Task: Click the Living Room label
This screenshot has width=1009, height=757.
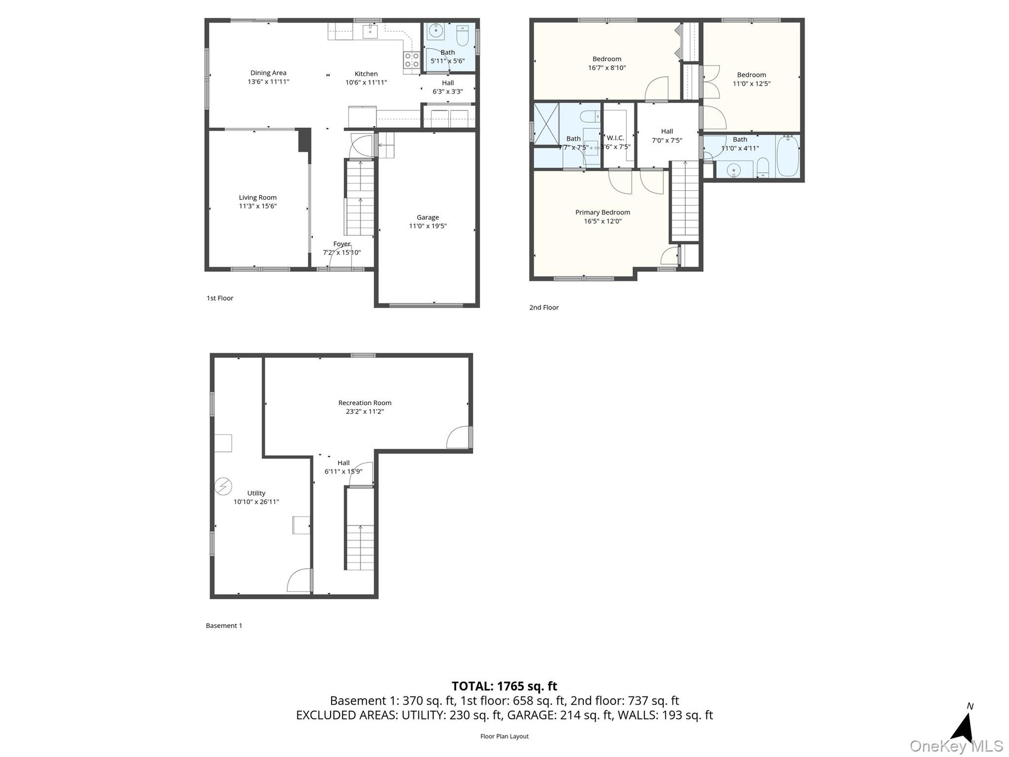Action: point(258,198)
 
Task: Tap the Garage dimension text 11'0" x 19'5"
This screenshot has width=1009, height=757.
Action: point(428,226)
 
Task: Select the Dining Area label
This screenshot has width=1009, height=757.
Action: point(268,73)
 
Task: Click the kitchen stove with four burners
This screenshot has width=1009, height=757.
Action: point(411,60)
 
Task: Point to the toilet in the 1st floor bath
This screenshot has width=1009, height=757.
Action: point(463,35)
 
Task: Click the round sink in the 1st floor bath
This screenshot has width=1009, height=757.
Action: point(436,31)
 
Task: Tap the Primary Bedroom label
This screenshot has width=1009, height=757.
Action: point(602,212)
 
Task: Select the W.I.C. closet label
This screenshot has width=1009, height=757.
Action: point(615,138)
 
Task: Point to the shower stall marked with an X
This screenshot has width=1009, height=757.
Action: point(547,124)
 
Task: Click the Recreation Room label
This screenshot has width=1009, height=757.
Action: point(365,403)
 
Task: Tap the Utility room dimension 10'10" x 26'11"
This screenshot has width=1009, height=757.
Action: point(256,502)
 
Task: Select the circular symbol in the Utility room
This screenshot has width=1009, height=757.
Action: point(223,486)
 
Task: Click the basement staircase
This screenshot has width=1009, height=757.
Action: point(360,529)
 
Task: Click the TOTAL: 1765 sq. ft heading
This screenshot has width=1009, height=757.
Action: point(504,686)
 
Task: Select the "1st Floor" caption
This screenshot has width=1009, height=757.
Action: point(220,298)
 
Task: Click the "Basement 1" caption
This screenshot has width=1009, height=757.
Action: point(224,626)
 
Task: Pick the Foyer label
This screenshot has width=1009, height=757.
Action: point(342,244)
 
